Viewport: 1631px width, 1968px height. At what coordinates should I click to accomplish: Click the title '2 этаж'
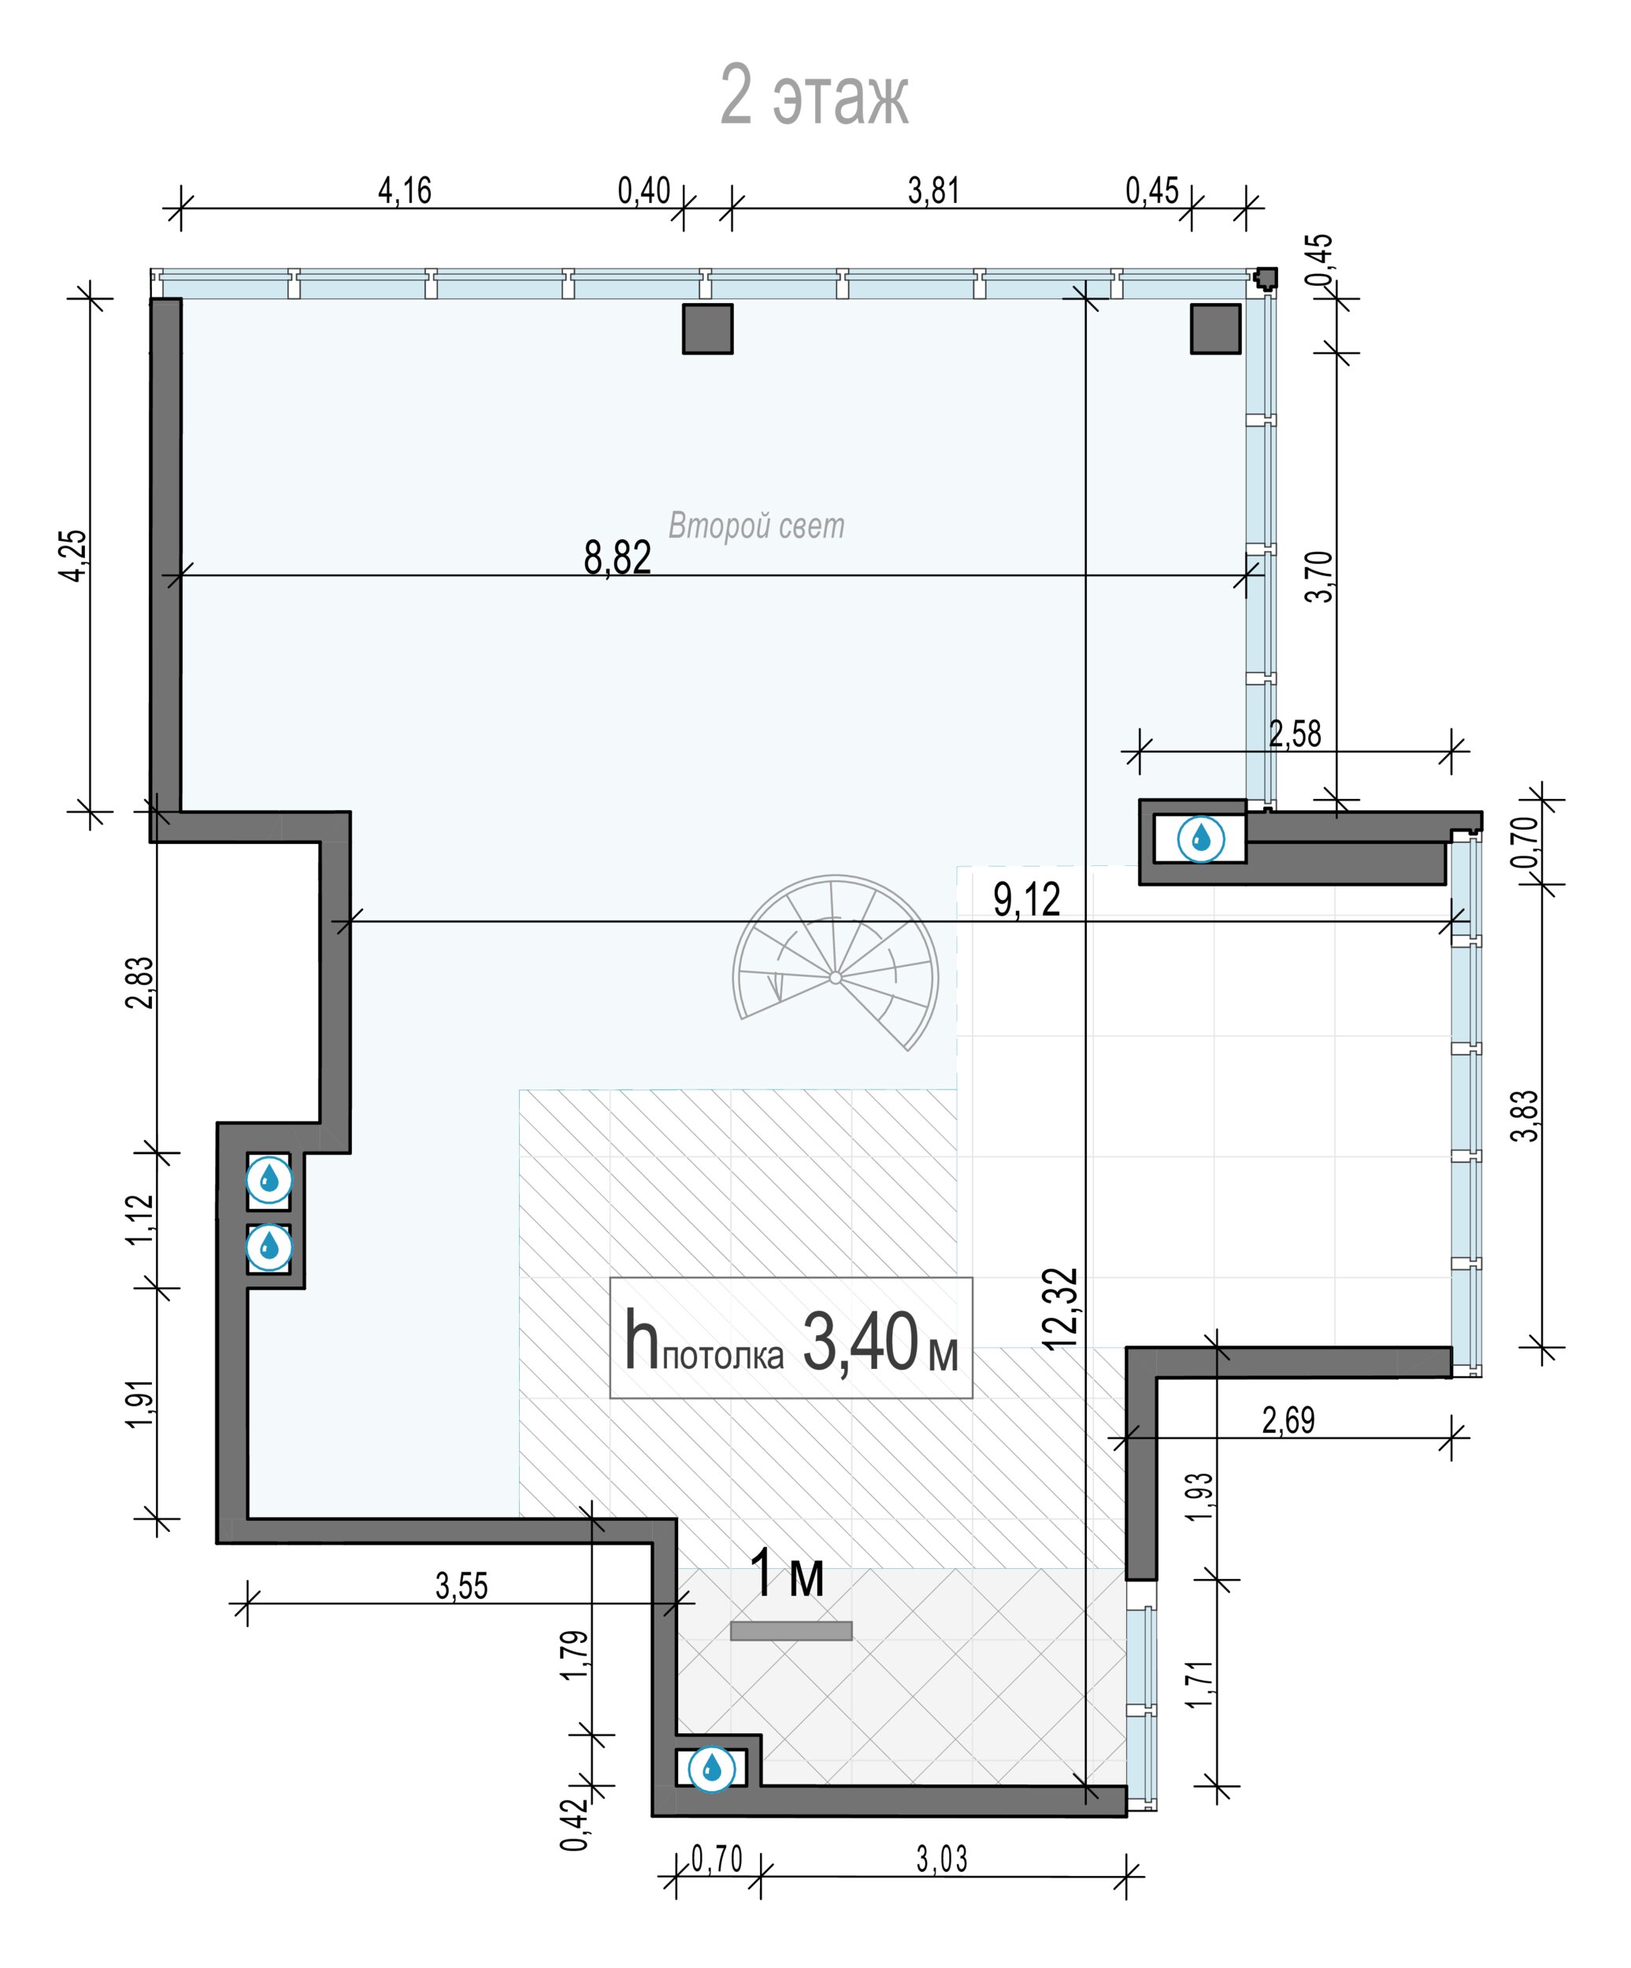[814, 94]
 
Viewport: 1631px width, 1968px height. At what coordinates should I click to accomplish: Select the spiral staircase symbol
[835, 963]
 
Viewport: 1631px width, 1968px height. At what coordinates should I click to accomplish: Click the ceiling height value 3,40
[861, 1342]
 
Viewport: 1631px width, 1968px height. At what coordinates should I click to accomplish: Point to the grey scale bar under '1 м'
[791, 1630]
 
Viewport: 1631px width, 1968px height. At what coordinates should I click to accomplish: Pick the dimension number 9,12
[1026, 900]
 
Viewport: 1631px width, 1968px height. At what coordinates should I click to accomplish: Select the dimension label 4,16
[405, 191]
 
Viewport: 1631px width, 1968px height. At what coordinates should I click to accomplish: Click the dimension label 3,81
[933, 191]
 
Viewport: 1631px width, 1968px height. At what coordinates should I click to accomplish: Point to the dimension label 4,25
[73, 556]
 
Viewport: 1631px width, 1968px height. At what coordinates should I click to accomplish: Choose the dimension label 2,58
[1296, 734]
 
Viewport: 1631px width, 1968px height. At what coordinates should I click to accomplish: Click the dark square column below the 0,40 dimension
[708, 329]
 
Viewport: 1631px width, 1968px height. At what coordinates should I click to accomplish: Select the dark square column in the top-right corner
[1216, 329]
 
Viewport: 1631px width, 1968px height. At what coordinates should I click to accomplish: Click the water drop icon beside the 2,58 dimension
[1201, 838]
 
